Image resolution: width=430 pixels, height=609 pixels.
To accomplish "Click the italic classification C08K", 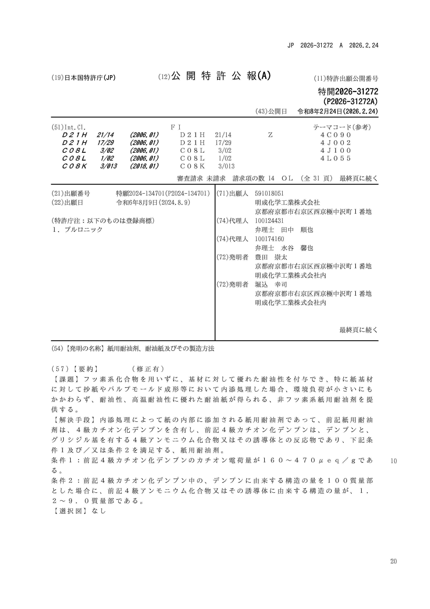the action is (74, 166).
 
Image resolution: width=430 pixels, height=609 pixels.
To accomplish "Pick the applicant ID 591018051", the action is (269, 193).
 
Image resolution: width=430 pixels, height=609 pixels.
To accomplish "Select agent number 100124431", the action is (269, 221).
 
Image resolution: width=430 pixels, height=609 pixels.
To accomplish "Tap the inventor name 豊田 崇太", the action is (271, 257).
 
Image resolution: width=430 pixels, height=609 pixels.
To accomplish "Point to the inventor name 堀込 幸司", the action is (271, 285).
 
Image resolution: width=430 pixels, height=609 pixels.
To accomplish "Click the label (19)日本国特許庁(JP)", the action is (83, 78).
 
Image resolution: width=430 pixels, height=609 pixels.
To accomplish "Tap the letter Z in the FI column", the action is (270, 135).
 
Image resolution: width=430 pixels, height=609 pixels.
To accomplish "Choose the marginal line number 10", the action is (393, 461).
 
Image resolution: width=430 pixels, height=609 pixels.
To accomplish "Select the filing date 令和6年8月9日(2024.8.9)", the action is (153, 203).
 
